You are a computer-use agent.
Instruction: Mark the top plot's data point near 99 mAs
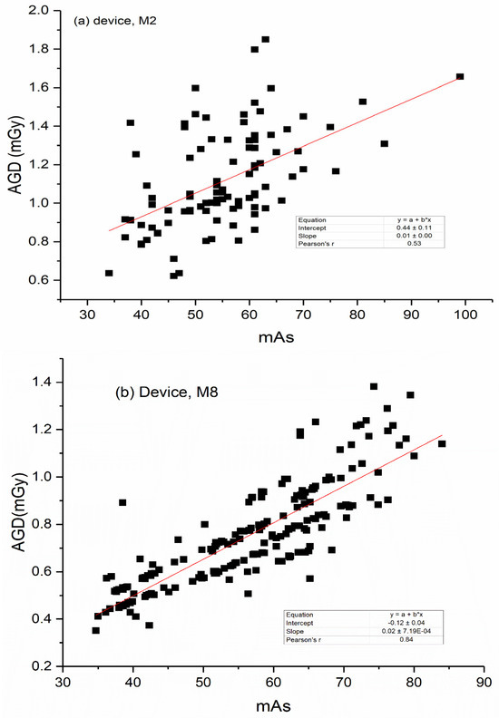(460, 77)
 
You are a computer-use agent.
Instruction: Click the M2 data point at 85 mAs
(385, 144)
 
